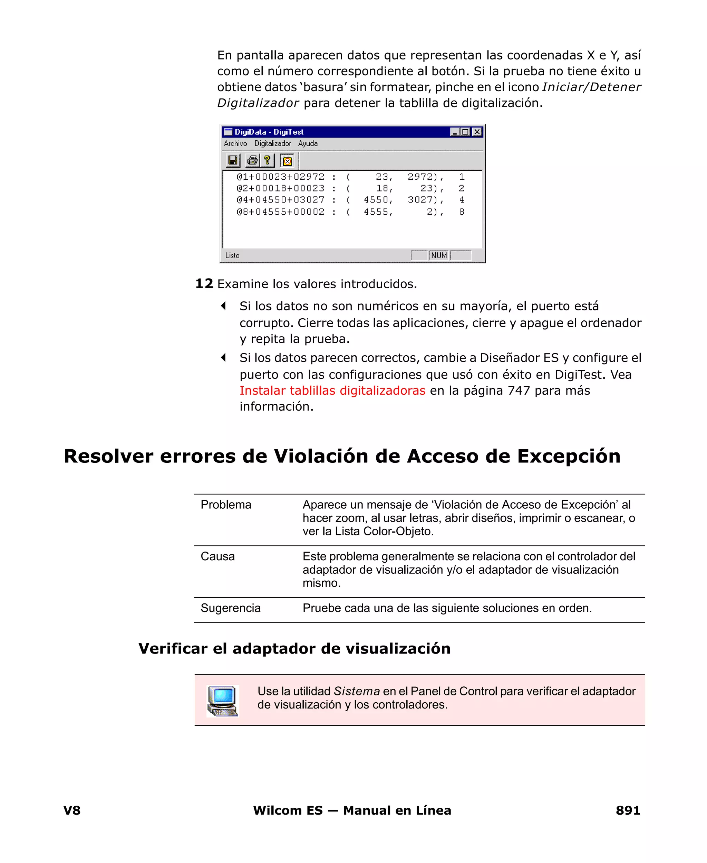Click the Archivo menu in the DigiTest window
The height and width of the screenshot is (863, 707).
pyautogui.click(x=235, y=143)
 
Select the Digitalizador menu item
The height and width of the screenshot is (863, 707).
pyautogui.click(x=272, y=143)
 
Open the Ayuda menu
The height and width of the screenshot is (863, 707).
pyautogui.click(x=308, y=143)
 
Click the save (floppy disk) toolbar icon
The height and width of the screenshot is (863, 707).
pyautogui.click(x=233, y=161)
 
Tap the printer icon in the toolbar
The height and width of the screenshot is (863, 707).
pyautogui.click(x=252, y=161)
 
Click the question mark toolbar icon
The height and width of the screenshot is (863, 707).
pyautogui.click(x=267, y=161)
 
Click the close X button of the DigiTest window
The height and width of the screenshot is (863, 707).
pyautogui.click(x=477, y=132)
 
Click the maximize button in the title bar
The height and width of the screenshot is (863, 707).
pyautogui.click(x=465, y=132)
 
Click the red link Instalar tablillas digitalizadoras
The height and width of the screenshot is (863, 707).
pyautogui.click(x=332, y=391)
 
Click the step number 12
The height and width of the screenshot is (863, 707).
pyautogui.click(x=204, y=284)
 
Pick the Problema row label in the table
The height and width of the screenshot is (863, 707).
pyautogui.click(x=226, y=505)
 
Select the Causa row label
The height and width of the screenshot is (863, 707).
pyautogui.click(x=217, y=556)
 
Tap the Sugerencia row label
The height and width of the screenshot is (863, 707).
pyautogui.click(x=231, y=608)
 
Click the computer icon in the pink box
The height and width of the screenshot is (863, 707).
pyautogui.click(x=222, y=700)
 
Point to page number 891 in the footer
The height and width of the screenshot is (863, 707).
pyautogui.click(x=628, y=810)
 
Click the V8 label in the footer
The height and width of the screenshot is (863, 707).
pyautogui.click(x=72, y=810)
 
